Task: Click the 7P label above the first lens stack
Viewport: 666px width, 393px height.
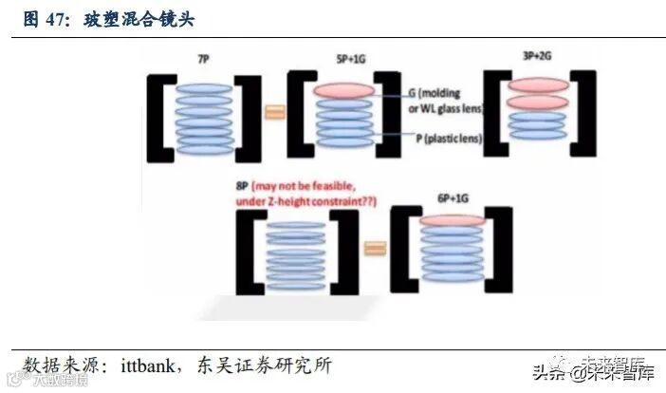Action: coord(203,60)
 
